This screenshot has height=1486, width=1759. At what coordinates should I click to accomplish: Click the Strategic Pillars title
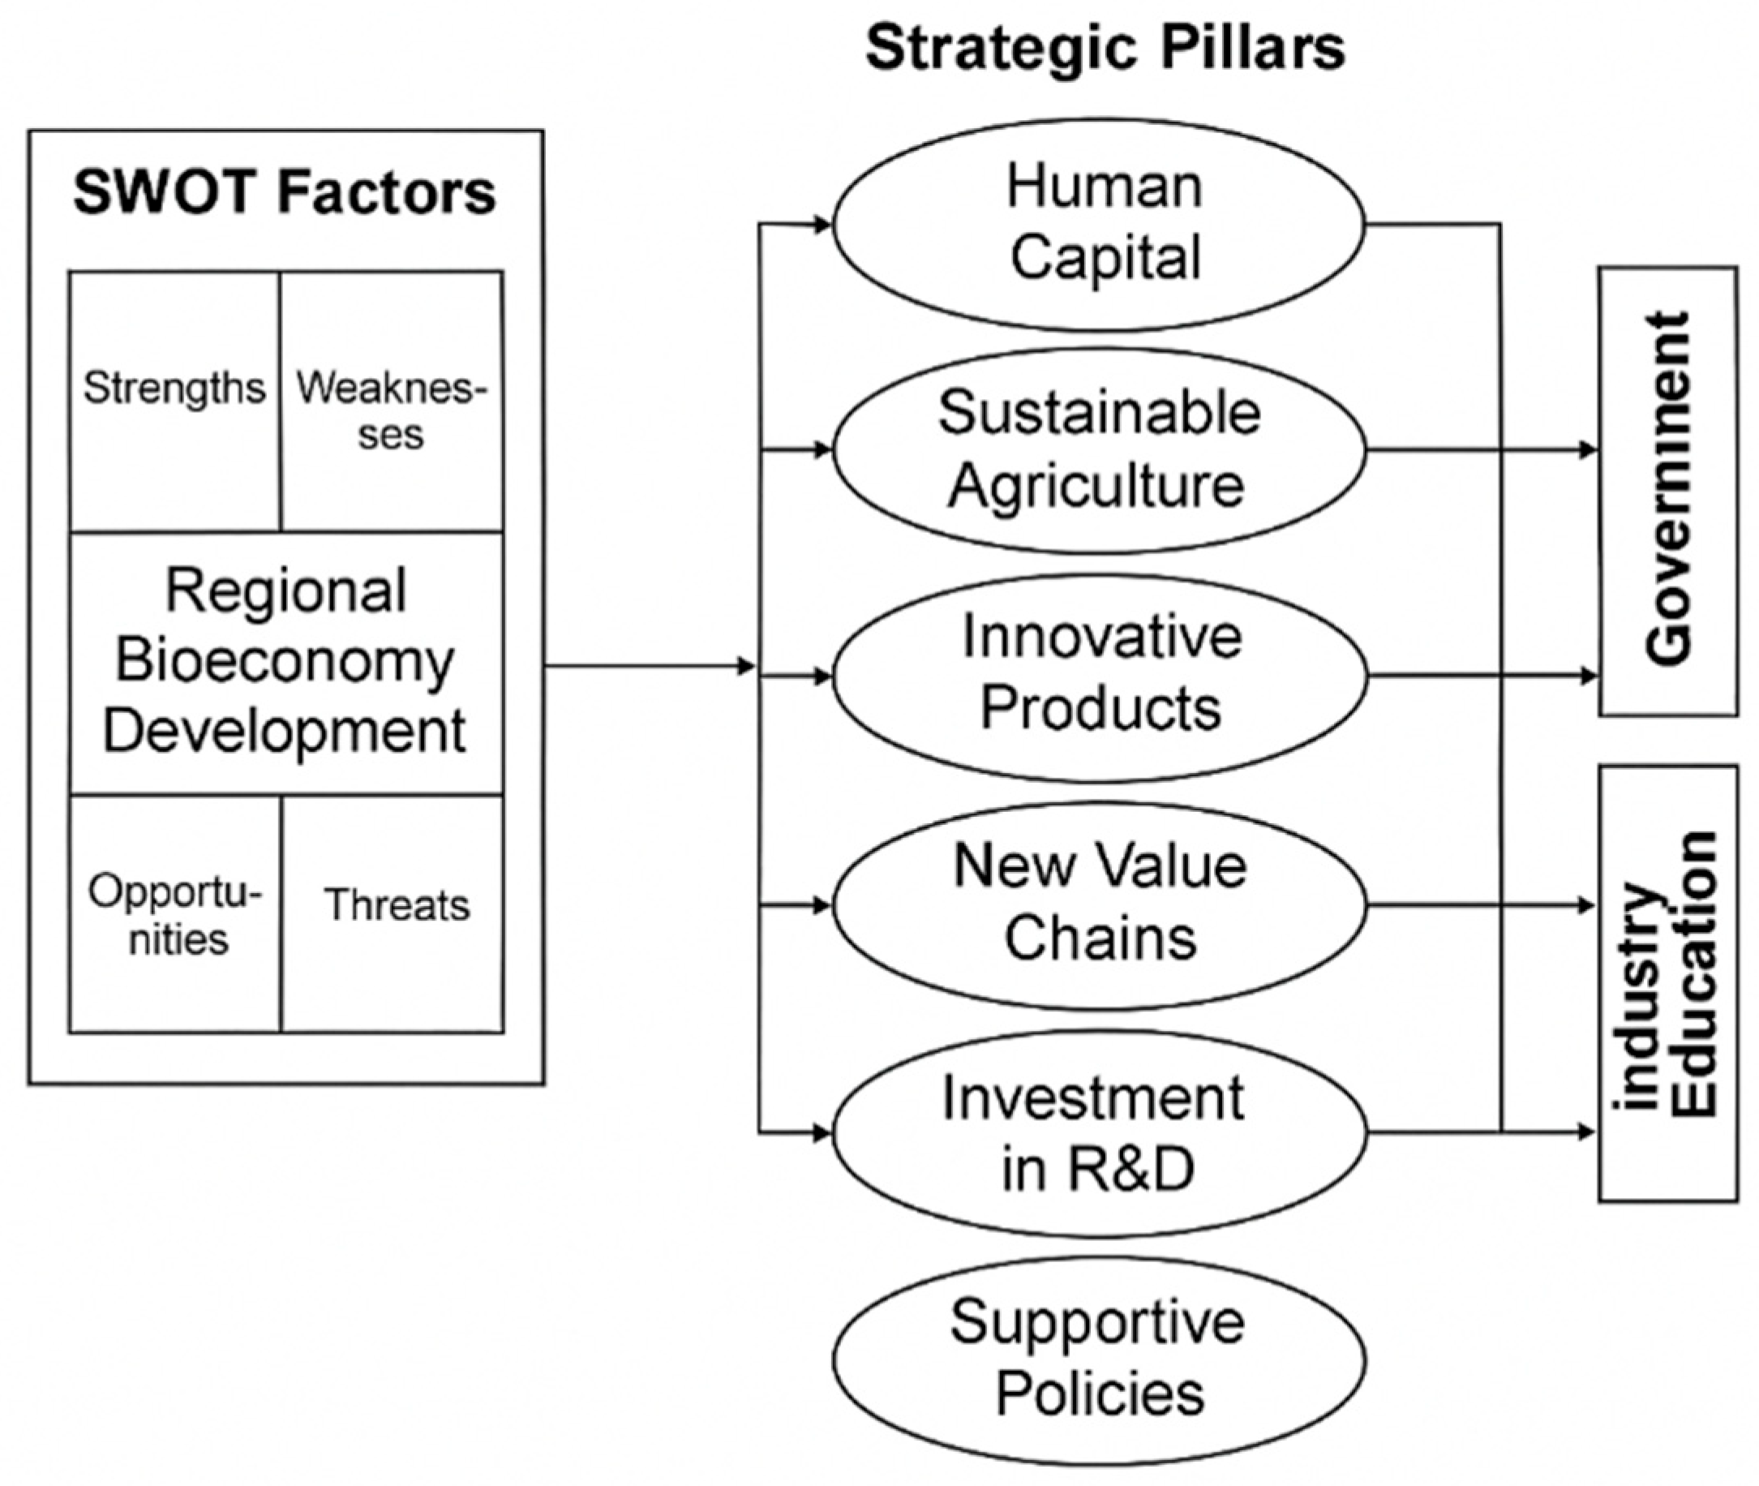point(1104,48)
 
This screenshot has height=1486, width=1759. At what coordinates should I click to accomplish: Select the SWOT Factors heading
point(285,193)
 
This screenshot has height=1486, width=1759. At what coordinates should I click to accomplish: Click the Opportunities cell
point(175,914)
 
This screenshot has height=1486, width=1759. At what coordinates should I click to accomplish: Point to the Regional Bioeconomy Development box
point(285,661)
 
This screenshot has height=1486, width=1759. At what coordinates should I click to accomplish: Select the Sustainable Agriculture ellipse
point(1099,450)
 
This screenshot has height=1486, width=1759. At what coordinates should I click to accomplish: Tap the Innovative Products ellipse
point(1099,676)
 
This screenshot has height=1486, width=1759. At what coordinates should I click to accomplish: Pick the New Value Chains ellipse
point(1099,904)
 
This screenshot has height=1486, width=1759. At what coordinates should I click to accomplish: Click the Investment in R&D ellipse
point(1099,1133)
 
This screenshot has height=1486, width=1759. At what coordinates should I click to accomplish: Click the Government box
point(1667,491)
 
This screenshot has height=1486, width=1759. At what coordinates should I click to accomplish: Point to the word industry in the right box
point(1642,994)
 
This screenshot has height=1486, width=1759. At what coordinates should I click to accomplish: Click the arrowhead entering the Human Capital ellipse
point(822,224)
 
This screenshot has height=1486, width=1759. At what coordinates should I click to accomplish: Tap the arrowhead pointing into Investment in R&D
point(822,1133)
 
